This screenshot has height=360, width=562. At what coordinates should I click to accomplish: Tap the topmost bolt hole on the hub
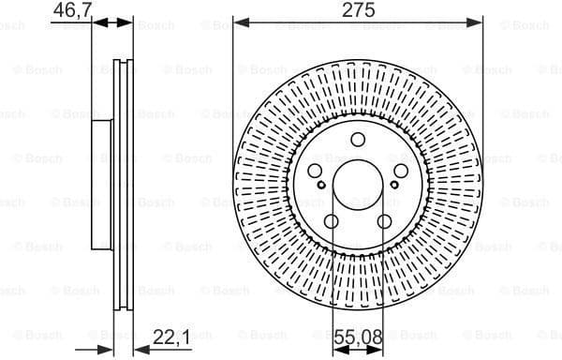(x=358, y=140)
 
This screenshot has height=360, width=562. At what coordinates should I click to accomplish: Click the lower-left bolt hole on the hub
(x=331, y=222)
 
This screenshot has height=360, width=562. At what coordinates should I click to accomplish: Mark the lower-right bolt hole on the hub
(x=385, y=222)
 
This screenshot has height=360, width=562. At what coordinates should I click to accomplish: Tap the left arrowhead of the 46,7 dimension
(x=97, y=22)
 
